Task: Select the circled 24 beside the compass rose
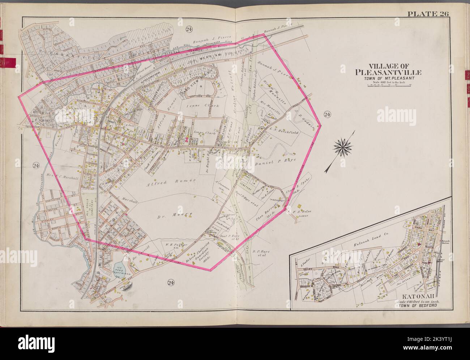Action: pyautogui.click(x=327, y=115)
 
